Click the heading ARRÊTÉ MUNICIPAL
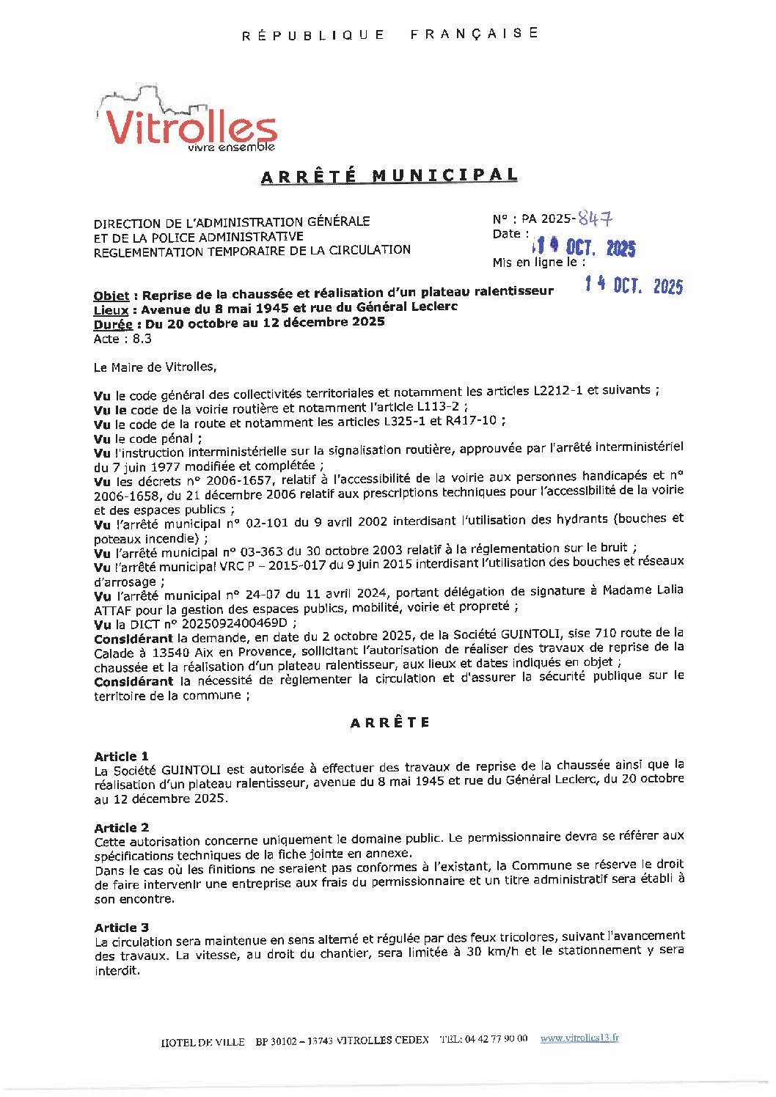[389, 176]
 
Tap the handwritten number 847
[595, 218]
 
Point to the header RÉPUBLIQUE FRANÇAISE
[389, 34]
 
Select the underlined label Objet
[111, 296]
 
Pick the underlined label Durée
[113, 324]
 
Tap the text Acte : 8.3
[122, 339]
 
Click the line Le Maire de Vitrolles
[155, 367]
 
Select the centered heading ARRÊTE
[389, 722]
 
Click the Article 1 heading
[121, 756]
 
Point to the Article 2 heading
[121, 827]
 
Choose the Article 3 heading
[121, 928]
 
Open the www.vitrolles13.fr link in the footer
[579, 1038]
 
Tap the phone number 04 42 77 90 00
[496, 1039]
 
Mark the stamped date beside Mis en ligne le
[634, 286]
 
